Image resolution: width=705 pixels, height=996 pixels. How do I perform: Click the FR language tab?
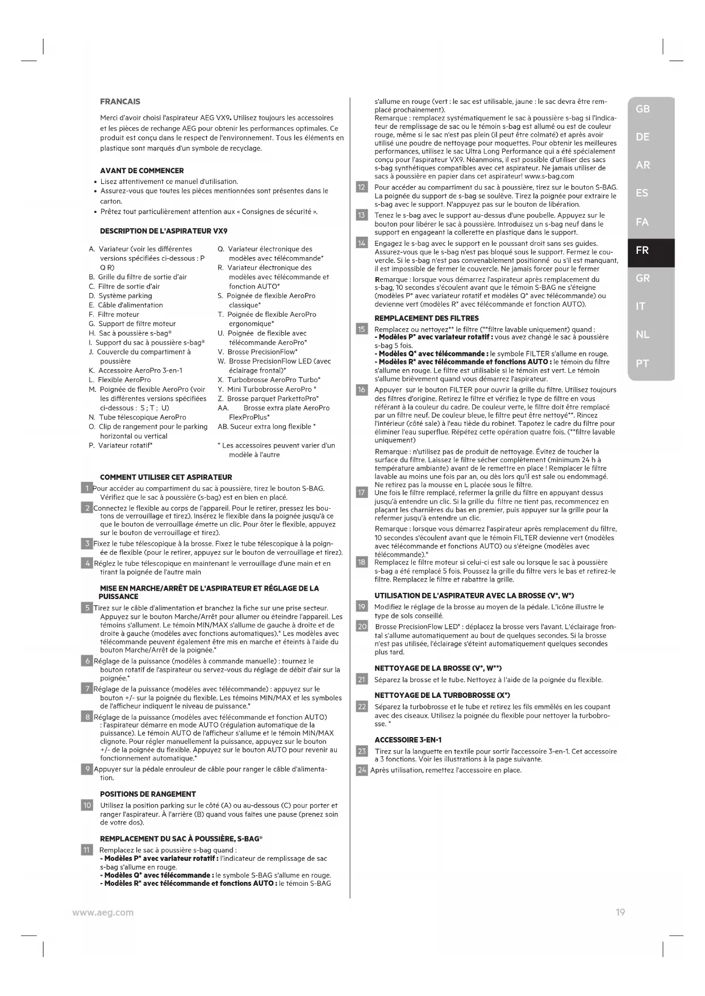click(643, 250)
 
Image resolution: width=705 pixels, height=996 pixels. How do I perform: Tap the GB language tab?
click(643, 109)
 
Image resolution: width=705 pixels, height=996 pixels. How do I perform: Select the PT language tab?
click(643, 363)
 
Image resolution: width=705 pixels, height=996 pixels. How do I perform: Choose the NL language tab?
click(643, 335)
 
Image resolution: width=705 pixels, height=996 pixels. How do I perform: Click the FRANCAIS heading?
click(120, 102)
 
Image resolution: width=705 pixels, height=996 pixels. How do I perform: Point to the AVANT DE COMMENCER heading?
click(141, 171)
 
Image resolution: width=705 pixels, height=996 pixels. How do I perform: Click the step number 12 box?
click(361, 187)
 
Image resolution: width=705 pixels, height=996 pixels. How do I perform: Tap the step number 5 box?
click(87, 608)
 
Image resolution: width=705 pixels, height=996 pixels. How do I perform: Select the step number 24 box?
click(361, 771)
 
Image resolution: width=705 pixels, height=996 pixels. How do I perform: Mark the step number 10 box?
click(87, 805)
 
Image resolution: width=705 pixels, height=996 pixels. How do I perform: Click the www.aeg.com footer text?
click(103, 912)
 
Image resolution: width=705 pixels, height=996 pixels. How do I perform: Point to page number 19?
click(620, 912)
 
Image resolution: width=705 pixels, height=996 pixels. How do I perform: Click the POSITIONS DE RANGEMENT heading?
click(148, 794)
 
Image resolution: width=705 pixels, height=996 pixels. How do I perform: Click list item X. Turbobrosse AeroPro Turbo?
click(269, 380)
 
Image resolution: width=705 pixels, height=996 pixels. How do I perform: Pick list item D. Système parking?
click(120, 296)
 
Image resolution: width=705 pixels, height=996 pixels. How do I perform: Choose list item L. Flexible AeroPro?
click(120, 380)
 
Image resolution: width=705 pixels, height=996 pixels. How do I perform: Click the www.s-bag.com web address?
click(549, 176)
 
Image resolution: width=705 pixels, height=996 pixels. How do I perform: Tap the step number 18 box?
click(361, 562)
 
